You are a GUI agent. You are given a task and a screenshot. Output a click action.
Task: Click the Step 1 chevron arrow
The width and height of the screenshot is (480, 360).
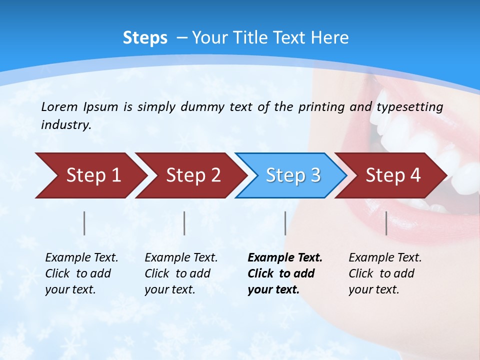(90, 175)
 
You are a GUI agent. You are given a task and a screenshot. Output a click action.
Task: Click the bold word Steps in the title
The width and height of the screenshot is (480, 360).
(145, 38)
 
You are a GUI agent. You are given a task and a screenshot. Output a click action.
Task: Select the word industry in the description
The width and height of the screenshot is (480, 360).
(65, 125)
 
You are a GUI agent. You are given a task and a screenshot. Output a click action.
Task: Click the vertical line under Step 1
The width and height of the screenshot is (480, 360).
(84, 223)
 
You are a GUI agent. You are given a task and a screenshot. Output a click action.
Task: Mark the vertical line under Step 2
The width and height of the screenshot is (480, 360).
(184, 223)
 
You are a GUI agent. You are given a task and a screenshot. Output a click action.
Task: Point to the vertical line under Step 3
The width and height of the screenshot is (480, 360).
(285, 223)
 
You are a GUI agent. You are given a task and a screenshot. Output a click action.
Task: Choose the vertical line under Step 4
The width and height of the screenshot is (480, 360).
(386, 223)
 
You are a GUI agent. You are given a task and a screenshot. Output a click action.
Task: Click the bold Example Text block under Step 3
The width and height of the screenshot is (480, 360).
(284, 273)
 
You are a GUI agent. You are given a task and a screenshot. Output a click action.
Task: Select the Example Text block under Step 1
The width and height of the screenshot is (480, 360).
(81, 273)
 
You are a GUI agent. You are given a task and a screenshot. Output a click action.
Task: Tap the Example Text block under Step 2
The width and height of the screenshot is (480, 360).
(180, 273)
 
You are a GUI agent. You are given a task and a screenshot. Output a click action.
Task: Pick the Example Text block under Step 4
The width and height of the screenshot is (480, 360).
(384, 273)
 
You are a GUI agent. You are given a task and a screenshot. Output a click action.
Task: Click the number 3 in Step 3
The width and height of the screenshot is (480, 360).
(315, 175)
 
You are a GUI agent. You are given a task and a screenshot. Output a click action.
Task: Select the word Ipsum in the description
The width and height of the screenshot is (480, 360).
(101, 107)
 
